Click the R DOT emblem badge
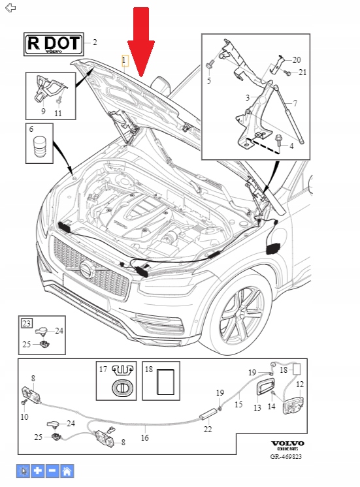click(54, 44)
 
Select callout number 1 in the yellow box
click(125, 60)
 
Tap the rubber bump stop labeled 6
click(39, 146)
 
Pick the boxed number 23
click(27, 323)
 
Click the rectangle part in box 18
click(165, 382)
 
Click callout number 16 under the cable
click(145, 437)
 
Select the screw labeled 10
click(24, 403)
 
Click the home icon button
click(67, 471)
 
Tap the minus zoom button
click(52, 471)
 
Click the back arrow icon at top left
click(10, 8)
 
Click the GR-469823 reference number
click(286, 456)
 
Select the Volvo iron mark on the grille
click(87, 269)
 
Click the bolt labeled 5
click(208, 66)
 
